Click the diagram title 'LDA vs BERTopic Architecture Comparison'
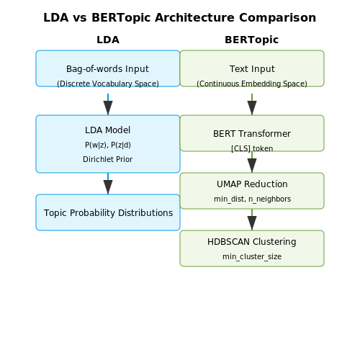(180, 18)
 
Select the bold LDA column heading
(108, 40)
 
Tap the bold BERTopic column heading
(252, 40)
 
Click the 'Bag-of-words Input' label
(107, 69)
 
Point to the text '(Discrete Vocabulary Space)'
(108, 84)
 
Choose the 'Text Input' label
(252, 69)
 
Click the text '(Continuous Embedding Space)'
(252, 84)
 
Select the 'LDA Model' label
(107, 130)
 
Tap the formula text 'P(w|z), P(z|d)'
(108, 145)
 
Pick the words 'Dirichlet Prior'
(108, 159)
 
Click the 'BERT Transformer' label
(252, 134)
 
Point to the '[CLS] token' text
(252, 148)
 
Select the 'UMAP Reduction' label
(252, 184)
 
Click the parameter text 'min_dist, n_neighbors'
(252, 199)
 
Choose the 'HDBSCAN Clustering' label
(252, 242)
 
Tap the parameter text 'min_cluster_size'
(252, 256)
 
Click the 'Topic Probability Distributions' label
(108, 213)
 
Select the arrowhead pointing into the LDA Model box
(108, 108)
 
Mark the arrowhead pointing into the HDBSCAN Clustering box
(252, 223)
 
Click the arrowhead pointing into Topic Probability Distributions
(108, 187)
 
